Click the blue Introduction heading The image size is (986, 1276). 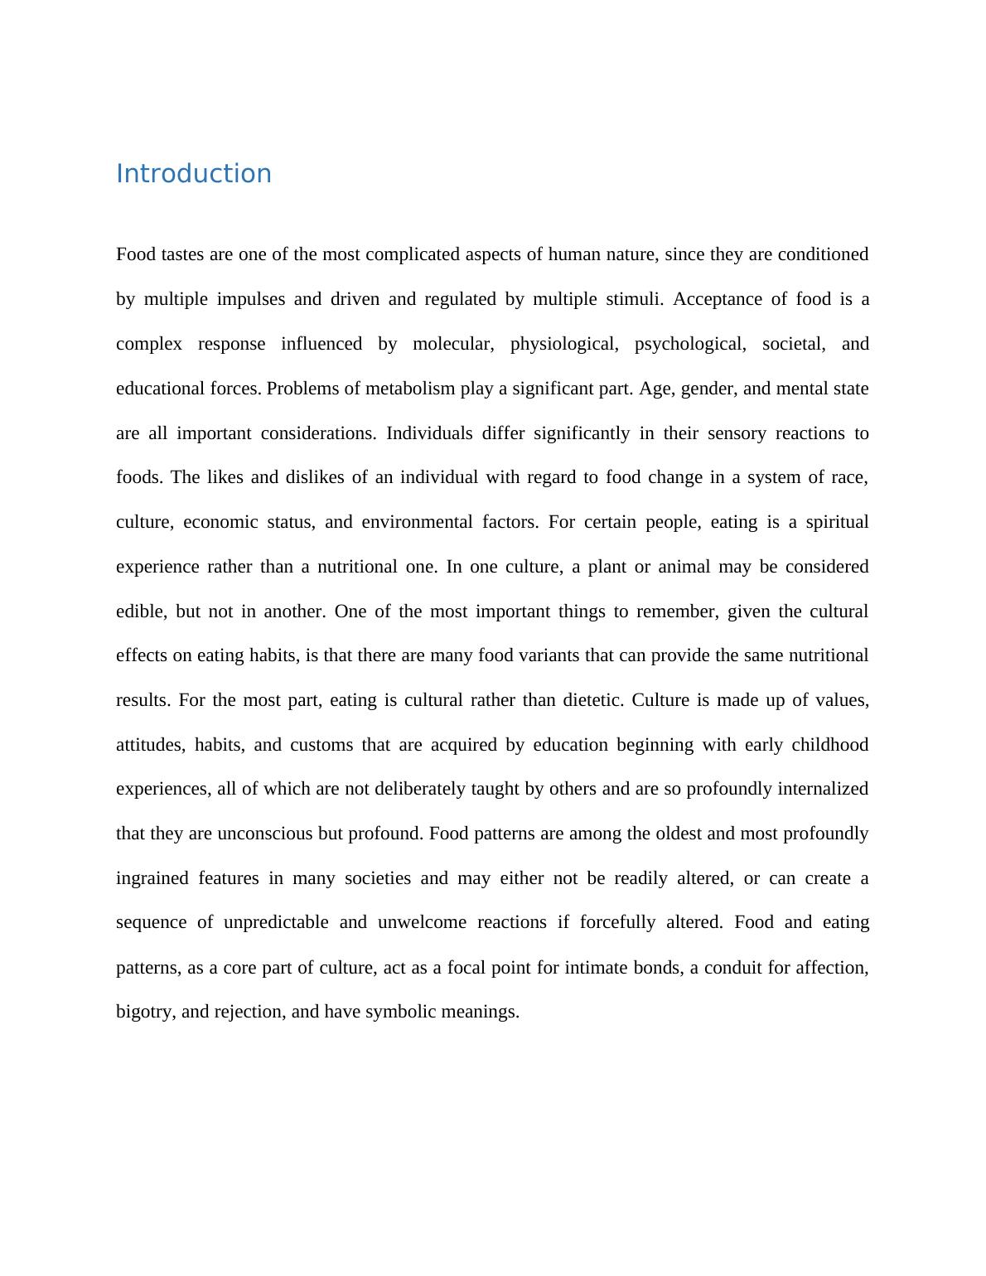pyautogui.click(x=193, y=174)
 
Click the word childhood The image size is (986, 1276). pyautogui.click(x=829, y=745)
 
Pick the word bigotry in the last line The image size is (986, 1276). pyautogui.click(x=144, y=1012)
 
